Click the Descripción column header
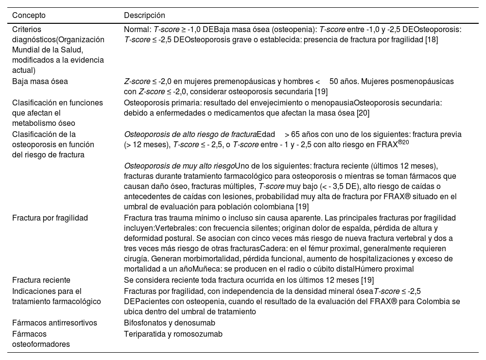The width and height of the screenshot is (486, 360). pos(144,16)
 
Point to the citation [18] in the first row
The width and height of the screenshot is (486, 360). pos(431,39)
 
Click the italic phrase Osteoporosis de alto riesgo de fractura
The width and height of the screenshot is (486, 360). pos(190,134)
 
